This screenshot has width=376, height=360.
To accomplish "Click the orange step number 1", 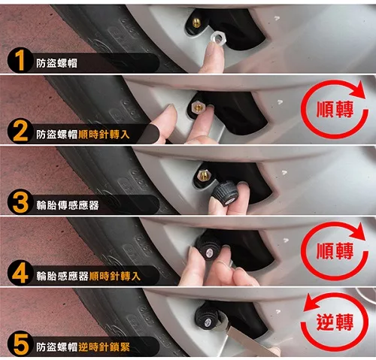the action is point(20,60).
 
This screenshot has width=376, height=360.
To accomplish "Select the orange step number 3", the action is point(20,202).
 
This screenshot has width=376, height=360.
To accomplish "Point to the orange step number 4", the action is point(20,273).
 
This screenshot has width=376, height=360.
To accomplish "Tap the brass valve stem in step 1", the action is point(197,23).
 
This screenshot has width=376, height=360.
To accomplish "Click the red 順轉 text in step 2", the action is point(335,110).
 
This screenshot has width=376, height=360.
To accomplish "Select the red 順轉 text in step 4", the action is point(335,251).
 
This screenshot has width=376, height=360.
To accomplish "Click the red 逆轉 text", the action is point(335,322).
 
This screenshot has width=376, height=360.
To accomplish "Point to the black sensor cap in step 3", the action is point(224,193).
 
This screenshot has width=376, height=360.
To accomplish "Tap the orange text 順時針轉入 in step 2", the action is point(104,135).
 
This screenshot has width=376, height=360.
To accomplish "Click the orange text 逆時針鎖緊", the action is point(104,347).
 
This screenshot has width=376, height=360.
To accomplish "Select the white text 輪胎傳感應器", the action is point(68,205).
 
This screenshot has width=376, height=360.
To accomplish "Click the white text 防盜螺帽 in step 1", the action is point(56,63).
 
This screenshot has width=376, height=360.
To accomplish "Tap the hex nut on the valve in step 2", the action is point(198,107).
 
